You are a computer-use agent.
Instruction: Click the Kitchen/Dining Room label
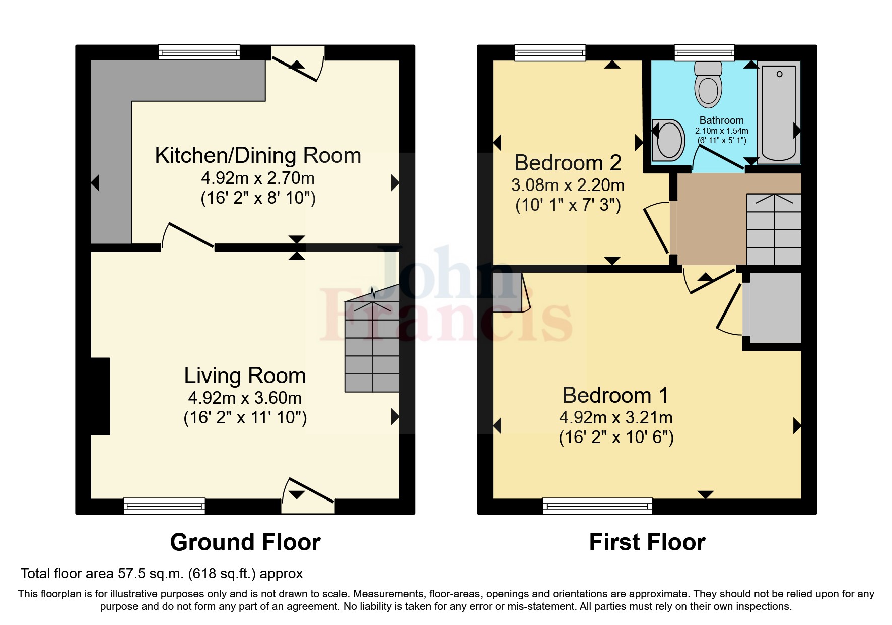coord(258,156)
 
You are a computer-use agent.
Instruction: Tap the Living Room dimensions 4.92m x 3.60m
coord(245,398)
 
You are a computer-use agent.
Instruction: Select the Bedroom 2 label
coord(568,163)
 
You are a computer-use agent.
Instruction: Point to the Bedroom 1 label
coord(615,395)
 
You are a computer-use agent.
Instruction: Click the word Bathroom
coord(721,120)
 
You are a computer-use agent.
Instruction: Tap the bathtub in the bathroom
coord(779,113)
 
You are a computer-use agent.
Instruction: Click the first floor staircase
coord(774,230)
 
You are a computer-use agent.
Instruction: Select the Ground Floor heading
coord(245,542)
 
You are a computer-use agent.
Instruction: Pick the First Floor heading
coord(647,542)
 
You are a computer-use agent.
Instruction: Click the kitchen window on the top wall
coord(199,52)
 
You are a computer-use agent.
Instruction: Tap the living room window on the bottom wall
coord(164,506)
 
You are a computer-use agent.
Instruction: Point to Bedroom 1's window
coord(597,506)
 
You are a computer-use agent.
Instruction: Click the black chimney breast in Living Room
coord(100,396)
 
